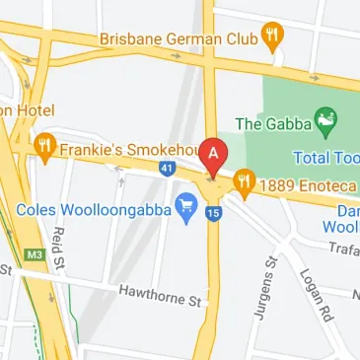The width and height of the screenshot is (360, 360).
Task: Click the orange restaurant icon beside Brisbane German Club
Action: pyautogui.click(x=274, y=37)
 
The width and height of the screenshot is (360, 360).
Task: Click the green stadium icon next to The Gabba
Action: pyautogui.click(x=323, y=122)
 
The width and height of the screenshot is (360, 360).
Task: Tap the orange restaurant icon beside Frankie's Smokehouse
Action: pyautogui.click(x=45, y=149)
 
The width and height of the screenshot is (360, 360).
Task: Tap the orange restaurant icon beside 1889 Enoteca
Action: pyautogui.click(x=245, y=180)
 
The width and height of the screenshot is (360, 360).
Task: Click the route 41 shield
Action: pyautogui.click(x=168, y=171)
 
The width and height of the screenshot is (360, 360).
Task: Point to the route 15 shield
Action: pyautogui.click(x=214, y=212)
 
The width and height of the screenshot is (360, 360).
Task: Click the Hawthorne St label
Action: pyautogui.click(x=160, y=292)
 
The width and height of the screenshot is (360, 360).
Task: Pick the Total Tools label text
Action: pyautogui.click(x=326, y=157)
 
